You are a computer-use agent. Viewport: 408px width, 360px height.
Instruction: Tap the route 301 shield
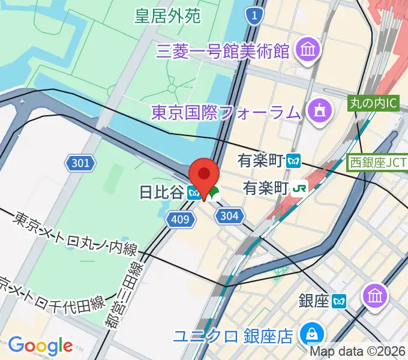[79, 163]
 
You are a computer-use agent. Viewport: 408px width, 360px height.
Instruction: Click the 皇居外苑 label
[167, 16]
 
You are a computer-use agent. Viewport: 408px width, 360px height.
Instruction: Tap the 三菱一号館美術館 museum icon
[309, 50]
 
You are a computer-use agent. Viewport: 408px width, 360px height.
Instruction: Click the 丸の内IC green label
[373, 103]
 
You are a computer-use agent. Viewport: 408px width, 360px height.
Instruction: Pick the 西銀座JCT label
[379, 161]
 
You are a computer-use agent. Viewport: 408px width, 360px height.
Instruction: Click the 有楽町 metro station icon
[293, 160]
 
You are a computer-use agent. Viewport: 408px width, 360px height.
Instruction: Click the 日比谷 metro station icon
[193, 193]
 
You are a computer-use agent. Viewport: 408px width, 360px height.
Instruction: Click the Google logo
[40, 346]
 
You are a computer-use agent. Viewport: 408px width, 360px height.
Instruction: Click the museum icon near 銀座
[376, 295]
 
